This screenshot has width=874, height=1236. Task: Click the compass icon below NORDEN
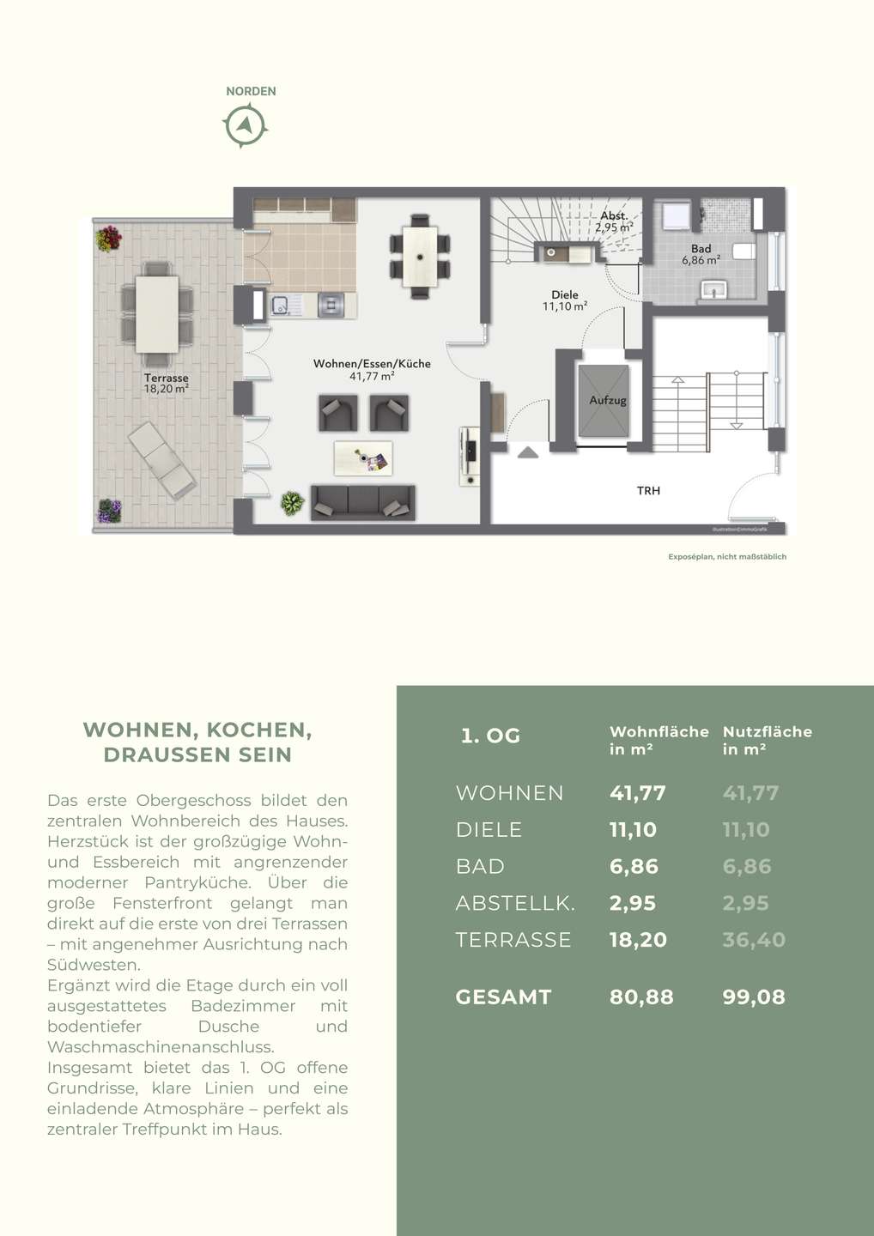246,126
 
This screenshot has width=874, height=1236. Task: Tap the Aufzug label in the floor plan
607,401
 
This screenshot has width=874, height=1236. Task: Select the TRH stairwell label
648,491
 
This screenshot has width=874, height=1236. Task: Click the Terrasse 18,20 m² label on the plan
166,384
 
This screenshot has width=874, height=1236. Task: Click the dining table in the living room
419,256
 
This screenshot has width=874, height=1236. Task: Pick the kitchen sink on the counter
281,304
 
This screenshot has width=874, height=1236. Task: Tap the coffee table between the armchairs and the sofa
362,458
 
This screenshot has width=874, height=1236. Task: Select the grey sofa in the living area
362,502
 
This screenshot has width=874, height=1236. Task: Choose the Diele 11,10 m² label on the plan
565,300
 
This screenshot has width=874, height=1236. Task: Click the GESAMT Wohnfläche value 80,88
641,997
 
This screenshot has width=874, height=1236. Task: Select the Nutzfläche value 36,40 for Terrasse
754,940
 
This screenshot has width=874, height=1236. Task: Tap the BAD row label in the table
480,867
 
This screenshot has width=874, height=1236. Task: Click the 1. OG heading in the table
490,736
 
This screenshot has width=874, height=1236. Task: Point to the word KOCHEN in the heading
258,730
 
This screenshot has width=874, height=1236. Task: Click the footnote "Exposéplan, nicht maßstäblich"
727,557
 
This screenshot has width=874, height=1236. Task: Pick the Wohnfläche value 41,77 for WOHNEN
637,793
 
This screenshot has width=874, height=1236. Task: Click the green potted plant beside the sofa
292,503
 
